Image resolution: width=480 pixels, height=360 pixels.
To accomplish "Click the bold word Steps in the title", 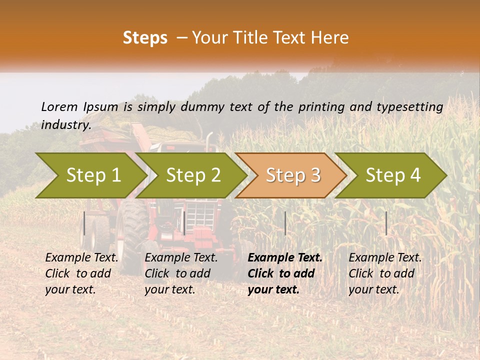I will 145,38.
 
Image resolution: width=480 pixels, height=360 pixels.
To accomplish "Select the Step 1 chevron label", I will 93,175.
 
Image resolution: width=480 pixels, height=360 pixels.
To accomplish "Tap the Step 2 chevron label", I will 193,175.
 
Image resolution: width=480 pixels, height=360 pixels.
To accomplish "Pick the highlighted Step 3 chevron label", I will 293,175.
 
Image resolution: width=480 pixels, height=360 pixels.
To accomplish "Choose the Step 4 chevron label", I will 393,175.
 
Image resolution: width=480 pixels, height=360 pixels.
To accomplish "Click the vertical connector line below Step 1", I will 84,223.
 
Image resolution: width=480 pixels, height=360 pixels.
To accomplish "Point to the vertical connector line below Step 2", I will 184,223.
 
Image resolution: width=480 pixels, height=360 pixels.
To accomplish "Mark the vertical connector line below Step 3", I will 285,223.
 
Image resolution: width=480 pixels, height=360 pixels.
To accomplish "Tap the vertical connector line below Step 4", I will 386,223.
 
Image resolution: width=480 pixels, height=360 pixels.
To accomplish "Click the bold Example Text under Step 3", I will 285,258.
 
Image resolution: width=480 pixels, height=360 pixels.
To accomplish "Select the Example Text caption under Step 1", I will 82,258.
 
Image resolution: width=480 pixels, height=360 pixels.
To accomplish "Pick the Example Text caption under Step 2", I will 181,258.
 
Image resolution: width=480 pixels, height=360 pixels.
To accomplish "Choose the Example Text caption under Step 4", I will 385,258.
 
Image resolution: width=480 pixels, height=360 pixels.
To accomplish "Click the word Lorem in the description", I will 59,106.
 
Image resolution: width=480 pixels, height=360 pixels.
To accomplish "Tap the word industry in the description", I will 65,124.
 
